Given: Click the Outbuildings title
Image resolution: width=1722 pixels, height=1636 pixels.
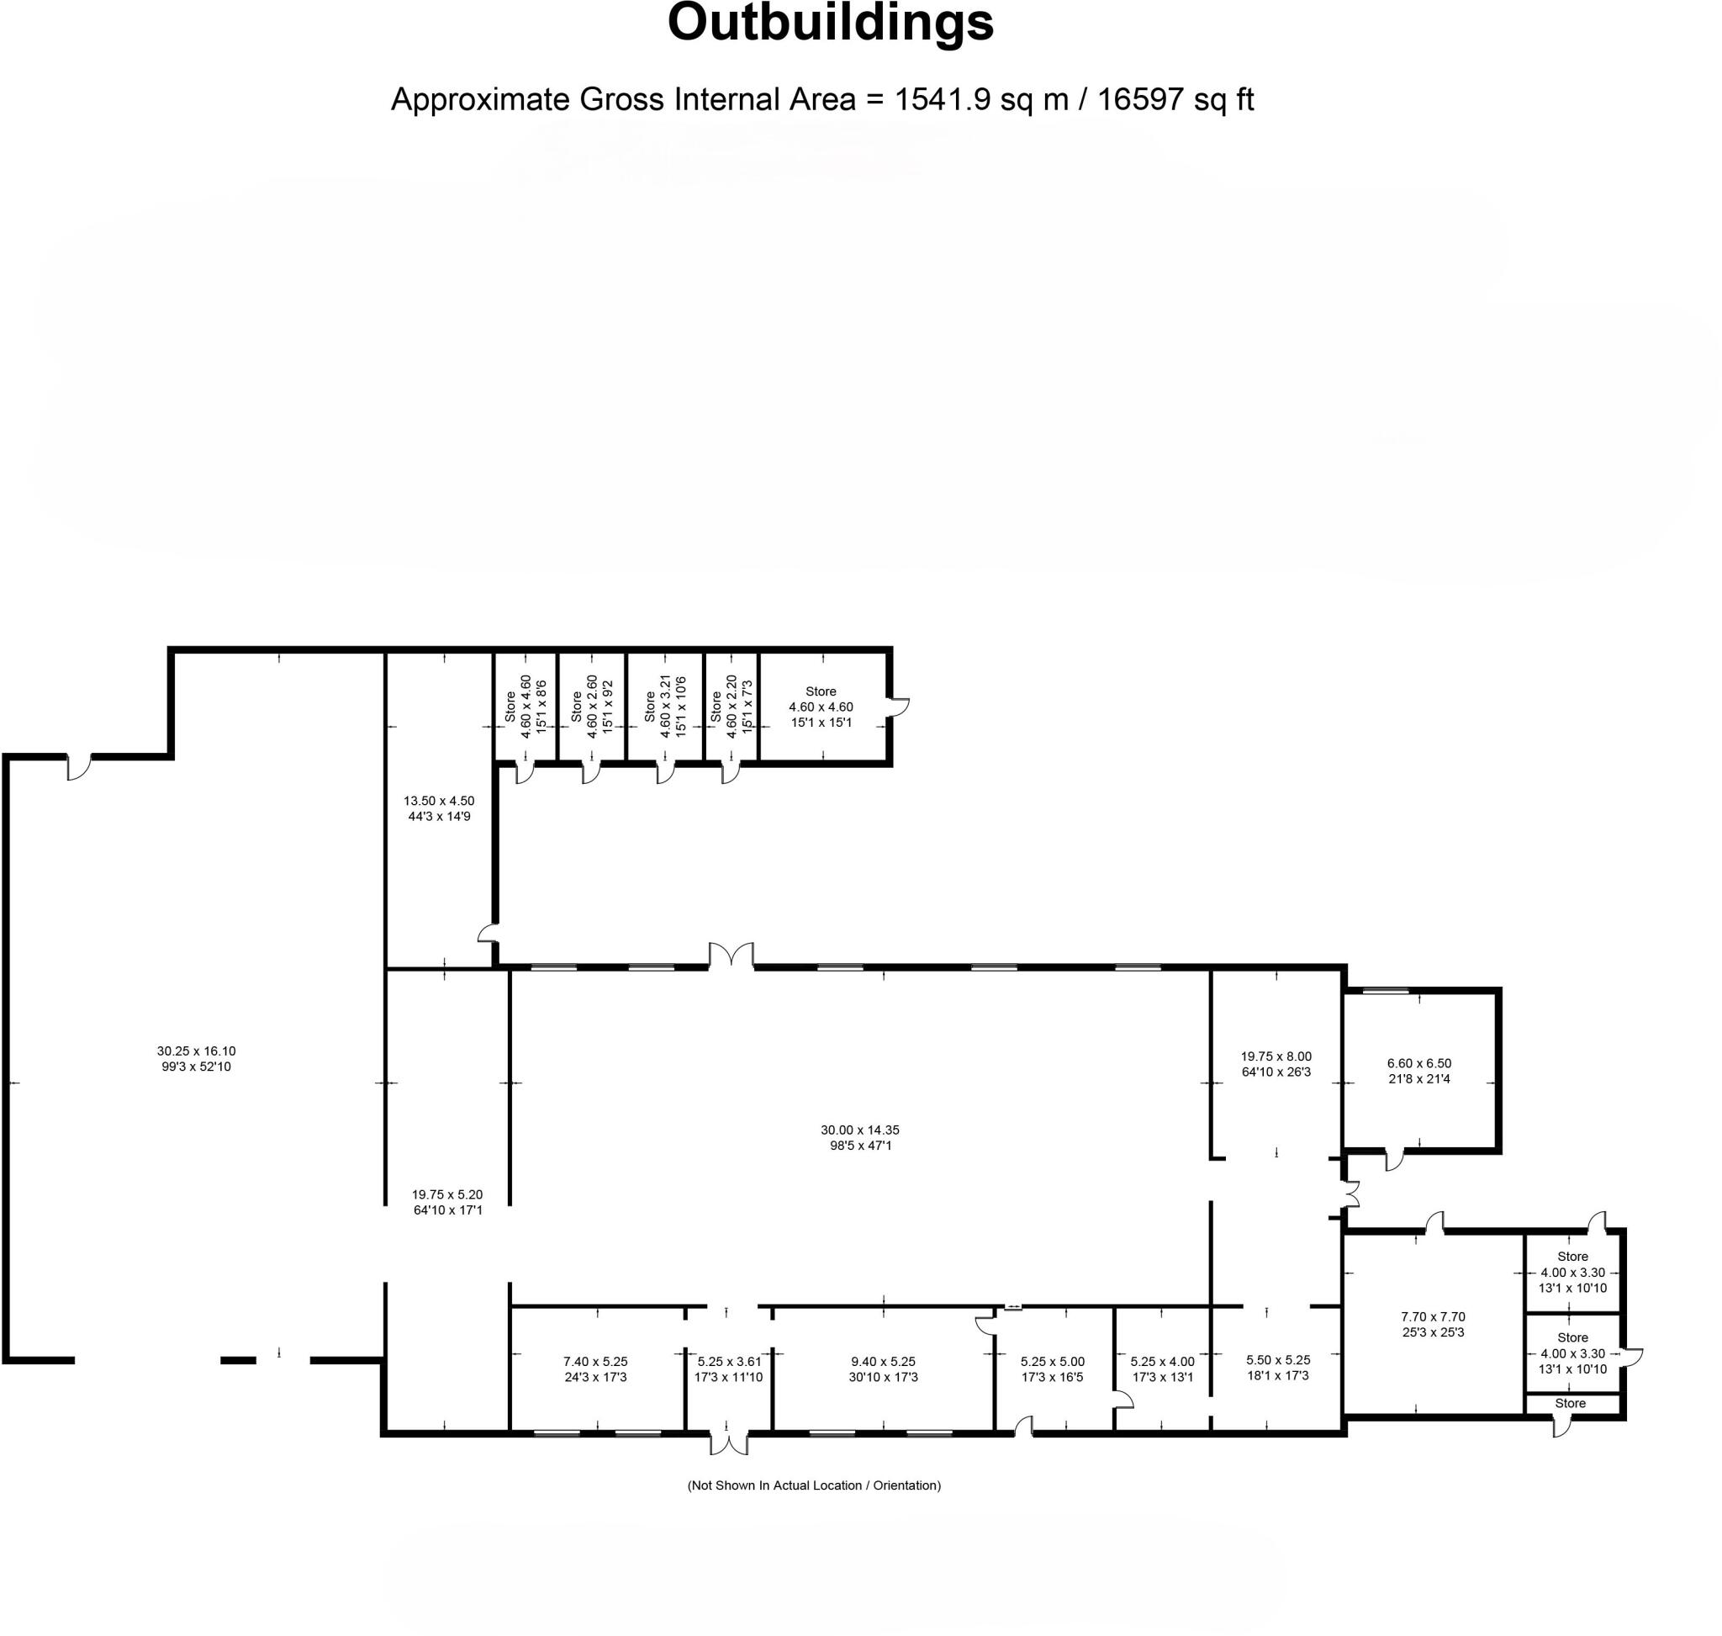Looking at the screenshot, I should tap(829, 24).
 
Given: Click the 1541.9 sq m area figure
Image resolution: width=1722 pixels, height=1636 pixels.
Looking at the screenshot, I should tap(981, 99).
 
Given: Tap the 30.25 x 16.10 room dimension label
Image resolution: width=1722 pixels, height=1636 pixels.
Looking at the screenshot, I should tap(196, 1059).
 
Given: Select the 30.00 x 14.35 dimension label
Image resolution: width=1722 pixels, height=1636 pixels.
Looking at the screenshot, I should tap(859, 1137).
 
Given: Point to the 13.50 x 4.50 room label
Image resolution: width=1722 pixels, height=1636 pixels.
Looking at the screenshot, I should tap(440, 807).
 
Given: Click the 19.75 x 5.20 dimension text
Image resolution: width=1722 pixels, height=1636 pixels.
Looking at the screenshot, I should tap(447, 1202).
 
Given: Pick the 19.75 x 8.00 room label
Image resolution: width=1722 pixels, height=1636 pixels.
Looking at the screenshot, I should tap(1276, 1063).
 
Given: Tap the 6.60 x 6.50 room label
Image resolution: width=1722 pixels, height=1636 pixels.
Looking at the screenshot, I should tap(1418, 1070).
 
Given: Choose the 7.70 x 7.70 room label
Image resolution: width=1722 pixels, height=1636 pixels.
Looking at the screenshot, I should tap(1433, 1324).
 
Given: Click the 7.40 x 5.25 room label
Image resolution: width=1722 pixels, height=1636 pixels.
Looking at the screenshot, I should tap(595, 1369).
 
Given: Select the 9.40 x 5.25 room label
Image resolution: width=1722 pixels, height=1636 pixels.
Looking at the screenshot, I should tap(882, 1369).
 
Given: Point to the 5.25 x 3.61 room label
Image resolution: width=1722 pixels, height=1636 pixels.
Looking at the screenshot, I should tap(729, 1369).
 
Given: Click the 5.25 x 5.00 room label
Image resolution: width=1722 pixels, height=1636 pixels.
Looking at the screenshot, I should tap(1053, 1369).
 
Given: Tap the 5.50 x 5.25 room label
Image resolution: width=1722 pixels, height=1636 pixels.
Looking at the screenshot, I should tap(1277, 1367).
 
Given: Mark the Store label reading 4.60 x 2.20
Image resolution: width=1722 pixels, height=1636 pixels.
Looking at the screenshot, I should tap(731, 706).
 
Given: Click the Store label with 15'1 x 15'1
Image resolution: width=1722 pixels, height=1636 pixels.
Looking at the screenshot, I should tap(821, 707).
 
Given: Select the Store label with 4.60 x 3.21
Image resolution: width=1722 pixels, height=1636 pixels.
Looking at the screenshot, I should tap(664, 706).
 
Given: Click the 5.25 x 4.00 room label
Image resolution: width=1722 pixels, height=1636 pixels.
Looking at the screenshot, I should tap(1162, 1369).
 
